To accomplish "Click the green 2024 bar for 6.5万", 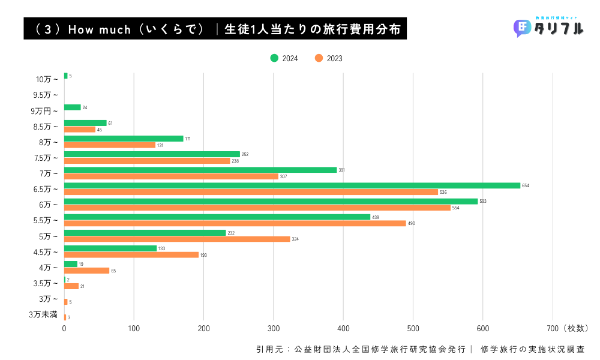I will point(292,185).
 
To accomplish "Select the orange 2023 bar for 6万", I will point(257,208).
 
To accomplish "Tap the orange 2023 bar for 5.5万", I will point(235,223).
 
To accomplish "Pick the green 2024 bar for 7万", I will point(200,170).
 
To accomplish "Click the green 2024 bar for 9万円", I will point(73,107).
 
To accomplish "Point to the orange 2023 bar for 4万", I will point(87,271).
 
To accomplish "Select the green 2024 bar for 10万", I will point(66,76).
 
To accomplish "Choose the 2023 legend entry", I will point(329,58).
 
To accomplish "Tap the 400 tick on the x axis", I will point(343,328).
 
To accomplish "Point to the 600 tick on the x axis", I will point(483,328).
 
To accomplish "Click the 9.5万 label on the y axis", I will point(46,95).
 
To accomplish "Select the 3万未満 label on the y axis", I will point(43,314).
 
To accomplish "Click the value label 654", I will point(526,186).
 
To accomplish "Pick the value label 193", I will point(203,255).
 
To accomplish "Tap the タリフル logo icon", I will point(522,28).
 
